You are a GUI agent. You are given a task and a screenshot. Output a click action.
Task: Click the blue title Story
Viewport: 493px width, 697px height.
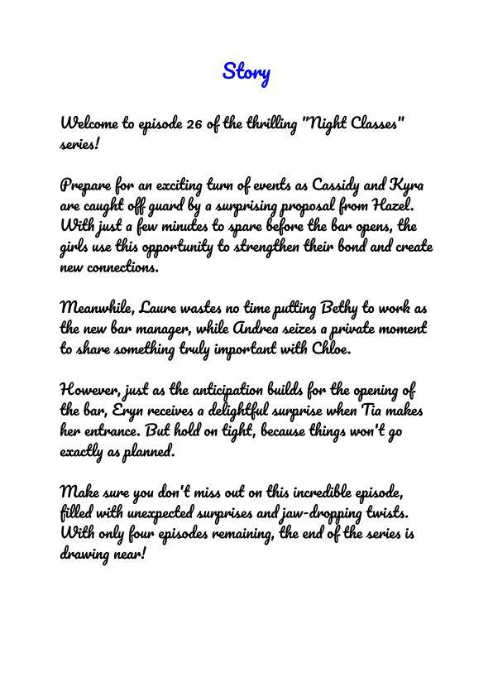pos(247,72)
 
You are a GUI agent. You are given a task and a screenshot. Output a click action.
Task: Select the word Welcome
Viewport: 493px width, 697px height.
pos(89,124)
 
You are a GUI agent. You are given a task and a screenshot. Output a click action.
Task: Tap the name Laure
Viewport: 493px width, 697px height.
pos(160,308)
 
